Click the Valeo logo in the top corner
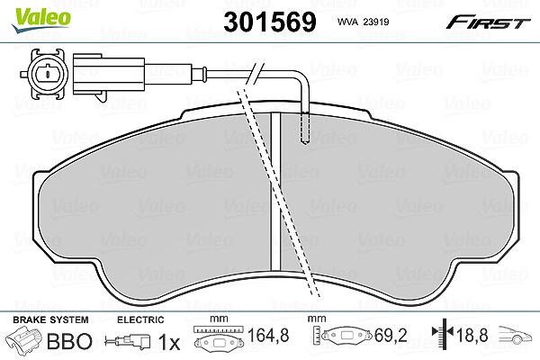pyautogui.click(x=40, y=20)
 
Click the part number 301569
pyautogui.click(x=270, y=22)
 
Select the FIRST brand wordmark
pyautogui.click(x=488, y=22)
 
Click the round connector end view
pyautogui.click(x=45, y=74)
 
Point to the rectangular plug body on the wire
pyautogui.click(x=109, y=76)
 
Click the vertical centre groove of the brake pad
pyautogui.click(x=275, y=192)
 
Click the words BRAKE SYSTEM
pyautogui.click(x=50, y=319)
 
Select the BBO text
pyautogui.click(x=69, y=341)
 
